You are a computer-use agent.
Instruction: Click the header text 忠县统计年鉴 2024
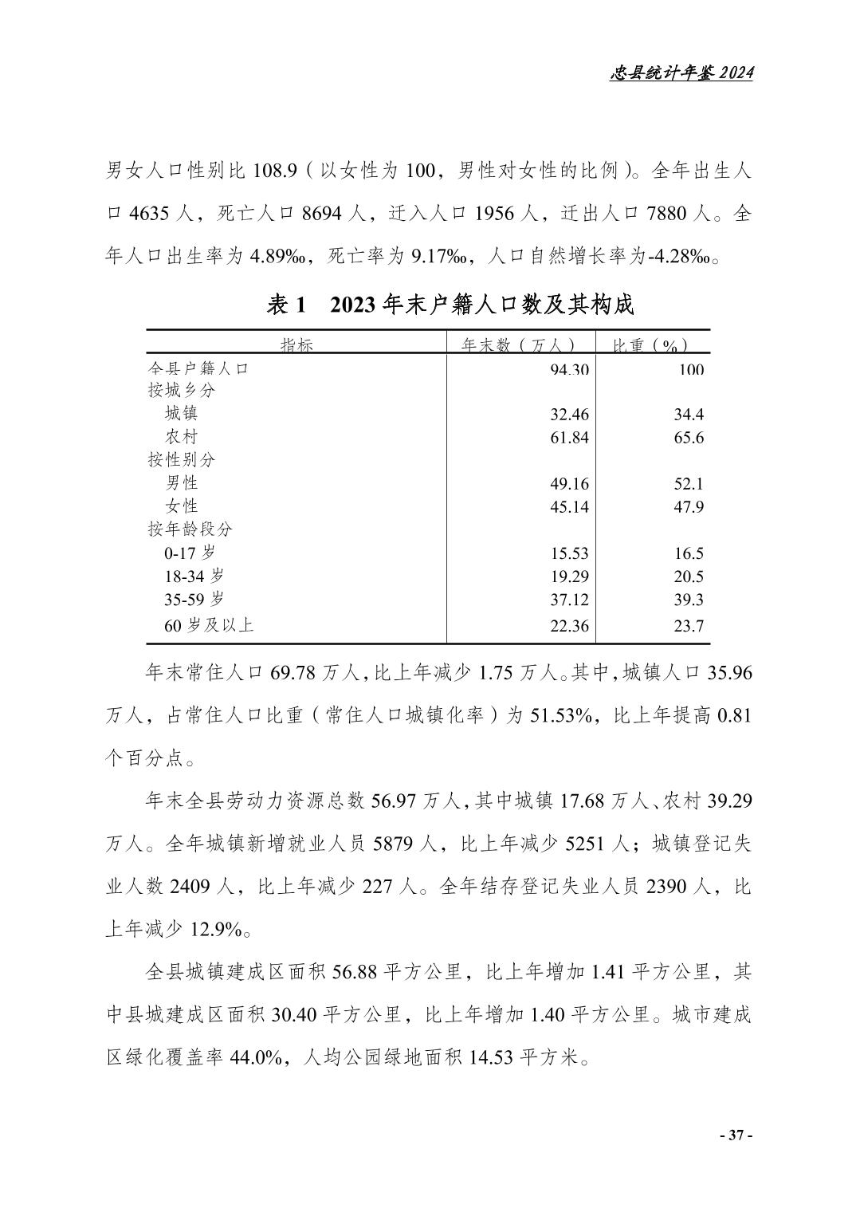pyautogui.click(x=681, y=73)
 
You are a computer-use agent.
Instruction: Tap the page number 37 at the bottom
pyautogui.click(x=736, y=1135)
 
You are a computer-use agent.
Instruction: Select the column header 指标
pyautogui.click(x=296, y=345)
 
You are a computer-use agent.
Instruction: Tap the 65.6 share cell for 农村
pyautogui.click(x=689, y=438)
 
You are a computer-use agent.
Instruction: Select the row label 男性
pyautogui.click(x=182, y=483)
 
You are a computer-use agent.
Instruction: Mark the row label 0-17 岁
pyautogui.click(x=190, y=553)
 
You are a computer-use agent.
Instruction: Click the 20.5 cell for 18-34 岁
pyautogui.click(x=689, y=576)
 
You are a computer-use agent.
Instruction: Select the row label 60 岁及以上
pyautogui.click(x=209, y=626)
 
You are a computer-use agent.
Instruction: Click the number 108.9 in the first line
pyautogui.click(x=276, y=171)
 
